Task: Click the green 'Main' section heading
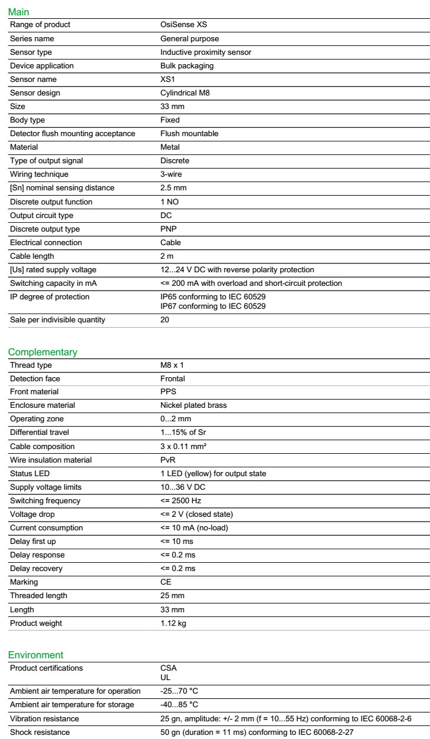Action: pyautogui.click(x=18, y=12)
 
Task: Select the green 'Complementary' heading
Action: pyautogui.click(x=42, y=352)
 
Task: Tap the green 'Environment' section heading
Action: pyautogui.click(x=35, y=655)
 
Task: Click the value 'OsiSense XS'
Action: pyautogui.click(x=183, y=25)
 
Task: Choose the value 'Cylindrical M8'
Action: pyautogui.click(x=186, y=93)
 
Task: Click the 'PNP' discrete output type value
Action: pyautogui.click(x=168, y=229)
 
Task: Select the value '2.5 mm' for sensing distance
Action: pyautogui.click(x=173, y=188)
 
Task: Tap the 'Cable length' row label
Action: pyautogui.click(x=32, y=256)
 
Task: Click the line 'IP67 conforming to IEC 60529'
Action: pyautogui.click(x=213, y=306)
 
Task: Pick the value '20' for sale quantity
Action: pyautogui.click(x=165, y=319)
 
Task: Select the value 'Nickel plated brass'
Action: pyautogui.click(x=193, y=405)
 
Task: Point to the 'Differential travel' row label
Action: pyautogui.click(x=42, y=433)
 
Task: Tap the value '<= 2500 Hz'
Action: pyautogui.click(x=181, y=500)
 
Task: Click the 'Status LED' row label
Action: pyautogui.click(x=30, y=473)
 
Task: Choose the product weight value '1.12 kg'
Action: pyautogui.click(x=173, y=623)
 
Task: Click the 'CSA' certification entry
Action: pyautogui.click(x=168, y=668)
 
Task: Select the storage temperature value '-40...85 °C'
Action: pyautogui.click(x=179, y=705)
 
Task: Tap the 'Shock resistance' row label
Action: pyautogui.click(x=40, y=732)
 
